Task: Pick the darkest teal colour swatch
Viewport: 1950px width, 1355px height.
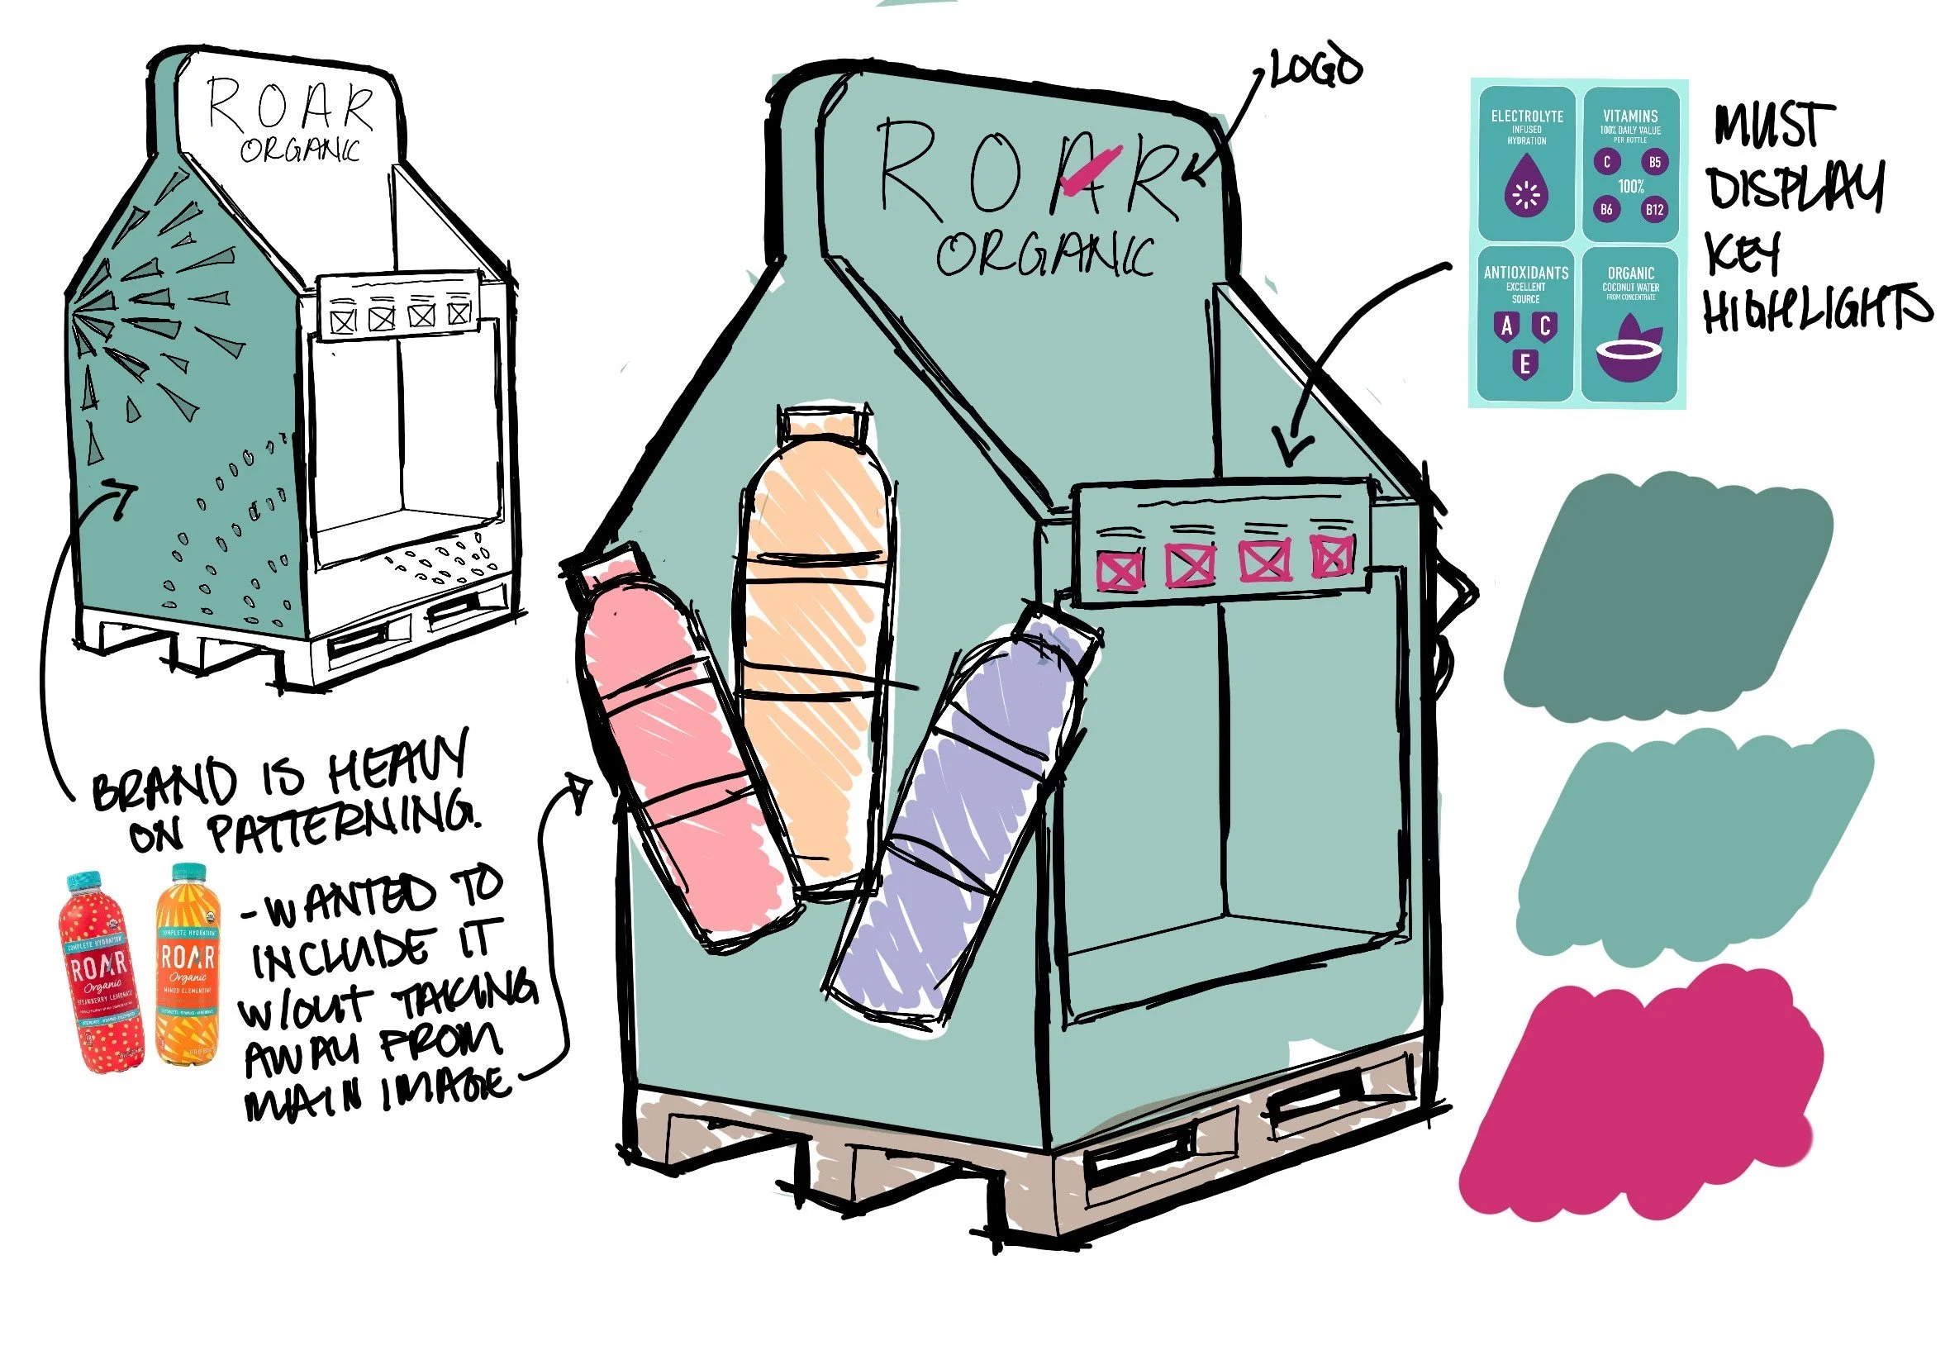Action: [x=1664, y=594]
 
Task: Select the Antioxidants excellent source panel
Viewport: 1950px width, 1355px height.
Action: [x=1525, y=322]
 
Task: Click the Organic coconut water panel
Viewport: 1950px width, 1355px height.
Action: [x=1630, y=322]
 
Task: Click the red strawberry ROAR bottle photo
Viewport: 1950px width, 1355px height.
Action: [x=100, y=972]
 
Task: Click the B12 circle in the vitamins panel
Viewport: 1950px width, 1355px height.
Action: [x=1653, y=209]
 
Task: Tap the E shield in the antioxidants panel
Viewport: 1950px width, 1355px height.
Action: [x=1524, y=364]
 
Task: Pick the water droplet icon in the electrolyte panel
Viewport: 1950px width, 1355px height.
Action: [x=1525, y=194]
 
